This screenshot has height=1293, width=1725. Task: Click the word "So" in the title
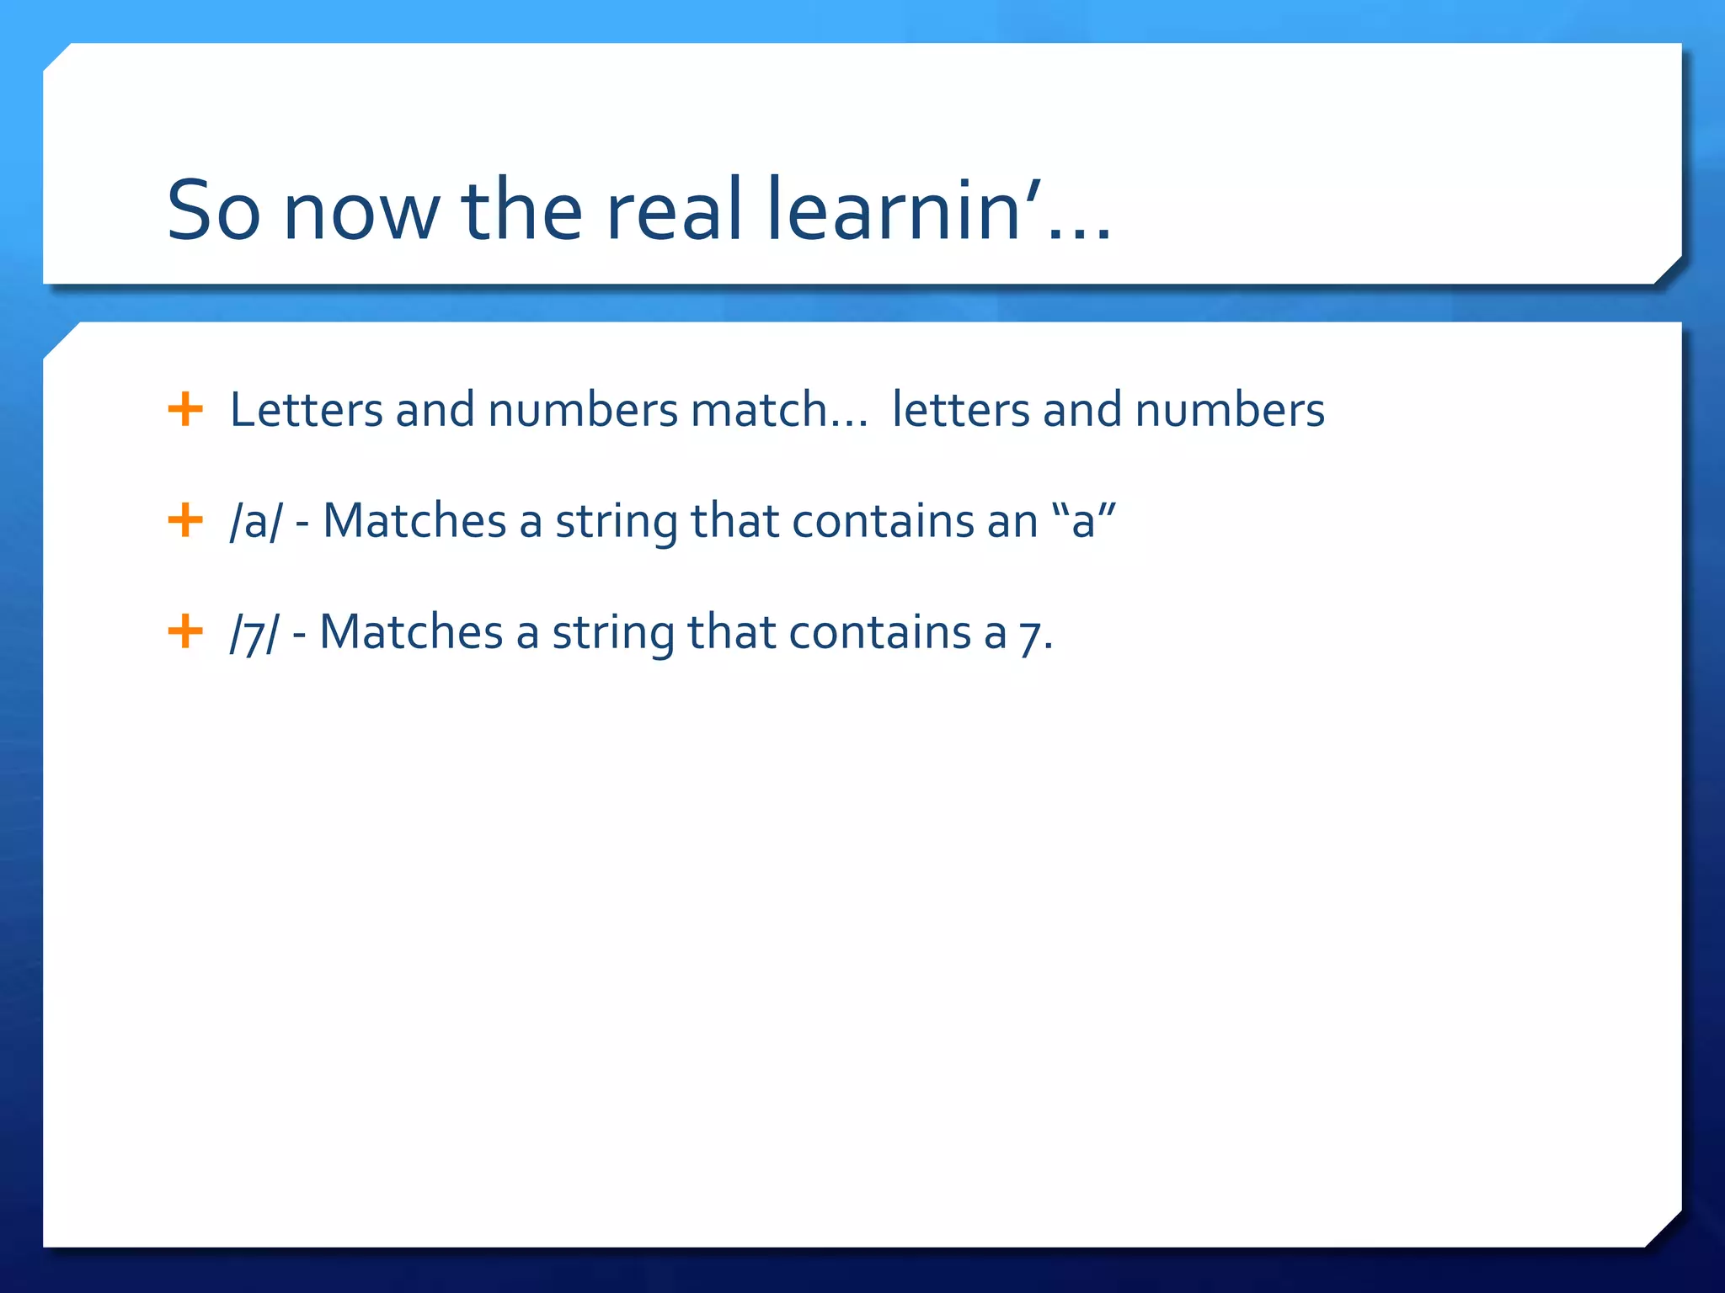point(213,210)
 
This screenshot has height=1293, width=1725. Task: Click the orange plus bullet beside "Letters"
point(185,410)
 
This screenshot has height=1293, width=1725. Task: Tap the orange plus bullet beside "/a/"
point(185,520)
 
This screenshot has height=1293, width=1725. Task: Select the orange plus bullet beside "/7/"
point(185,631)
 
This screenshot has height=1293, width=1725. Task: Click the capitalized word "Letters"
point(306,410)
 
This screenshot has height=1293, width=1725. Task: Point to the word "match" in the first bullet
point(759,410)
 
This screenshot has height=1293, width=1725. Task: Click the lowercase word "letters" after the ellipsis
point(960,410)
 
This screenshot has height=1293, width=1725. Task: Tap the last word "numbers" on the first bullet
point(1230,410)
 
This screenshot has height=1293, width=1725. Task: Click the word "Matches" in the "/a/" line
point(414,521)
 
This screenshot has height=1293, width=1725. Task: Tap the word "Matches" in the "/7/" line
point(411,632)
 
